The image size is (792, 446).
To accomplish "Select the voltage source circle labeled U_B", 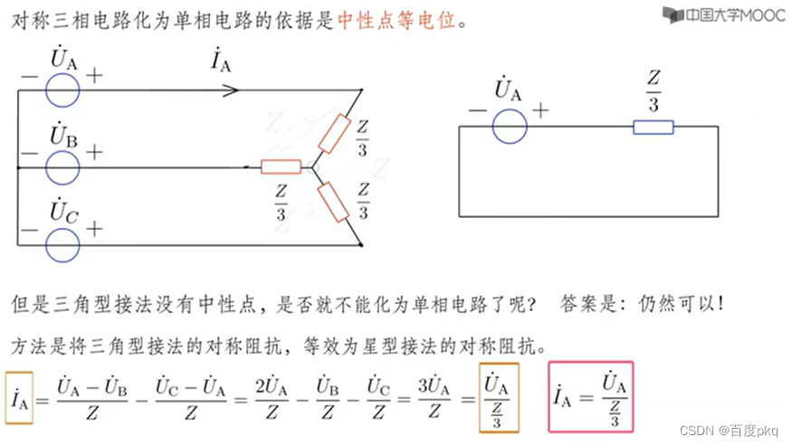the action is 62,167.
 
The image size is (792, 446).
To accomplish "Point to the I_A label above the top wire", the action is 220,62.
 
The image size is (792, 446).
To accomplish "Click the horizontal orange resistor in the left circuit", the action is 280,166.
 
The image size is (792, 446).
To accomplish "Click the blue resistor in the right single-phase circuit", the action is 653,127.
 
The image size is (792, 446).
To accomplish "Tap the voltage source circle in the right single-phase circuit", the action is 510,127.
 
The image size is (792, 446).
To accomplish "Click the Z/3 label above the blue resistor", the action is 653,91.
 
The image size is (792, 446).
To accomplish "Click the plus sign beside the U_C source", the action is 94,229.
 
